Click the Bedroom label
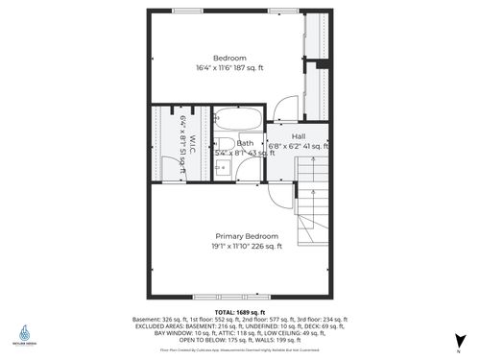[x=229, y=58]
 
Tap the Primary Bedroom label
[x=247, y=236]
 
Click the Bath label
[x=245, y=143]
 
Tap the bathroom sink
[x=220, y=169]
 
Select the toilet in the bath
[x=246, y=170]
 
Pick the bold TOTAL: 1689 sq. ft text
[x=240, y=312]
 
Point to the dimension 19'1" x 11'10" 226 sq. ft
[x=248, y=247]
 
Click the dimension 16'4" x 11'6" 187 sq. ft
[x=230, y=67]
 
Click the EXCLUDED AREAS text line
[x=240, y=325]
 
